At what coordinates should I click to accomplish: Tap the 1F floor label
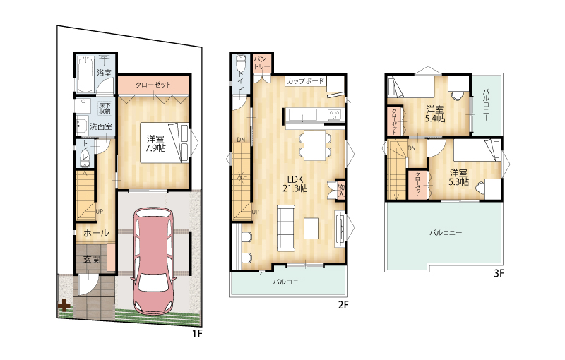tap(197, 334)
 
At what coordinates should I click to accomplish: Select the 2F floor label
tap(343, 305)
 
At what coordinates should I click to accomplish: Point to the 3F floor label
tap(499, 274)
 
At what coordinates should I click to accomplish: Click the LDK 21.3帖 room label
tap(295, 184)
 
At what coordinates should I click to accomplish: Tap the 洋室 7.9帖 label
tap(155, 143)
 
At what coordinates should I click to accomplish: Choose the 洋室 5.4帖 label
tap(435, 114)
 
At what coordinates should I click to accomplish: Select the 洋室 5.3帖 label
tap(458, 177)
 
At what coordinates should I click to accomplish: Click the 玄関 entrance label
tap(92, 259)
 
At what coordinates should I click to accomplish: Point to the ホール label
tap(96, 233)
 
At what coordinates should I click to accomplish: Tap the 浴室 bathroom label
tap(104, 73)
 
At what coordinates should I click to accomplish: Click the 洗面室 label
tap(101, 126)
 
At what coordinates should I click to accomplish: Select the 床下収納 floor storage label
tap(105, 108)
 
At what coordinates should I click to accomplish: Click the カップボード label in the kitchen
tap(305, 81)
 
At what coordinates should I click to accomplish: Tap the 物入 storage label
tap(341, 190)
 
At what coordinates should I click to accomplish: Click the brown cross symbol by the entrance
tap(64, 306)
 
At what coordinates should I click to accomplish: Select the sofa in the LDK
tap(286, 228)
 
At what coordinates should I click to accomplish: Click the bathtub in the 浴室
tap(85, 74)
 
